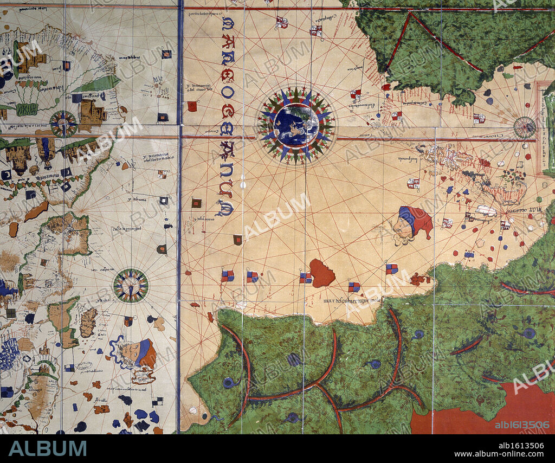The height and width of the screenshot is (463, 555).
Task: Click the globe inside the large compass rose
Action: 296,125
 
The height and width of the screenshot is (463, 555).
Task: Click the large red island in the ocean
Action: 322,273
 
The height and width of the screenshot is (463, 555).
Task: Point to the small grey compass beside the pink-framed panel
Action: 524,127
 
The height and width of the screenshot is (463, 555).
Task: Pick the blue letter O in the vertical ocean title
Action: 228,92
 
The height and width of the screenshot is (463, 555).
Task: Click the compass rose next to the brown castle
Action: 64,124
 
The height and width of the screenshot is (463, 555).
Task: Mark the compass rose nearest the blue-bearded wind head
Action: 131,285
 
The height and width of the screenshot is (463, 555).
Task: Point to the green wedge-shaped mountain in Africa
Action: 98,83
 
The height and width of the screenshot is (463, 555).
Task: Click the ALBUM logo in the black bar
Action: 47,448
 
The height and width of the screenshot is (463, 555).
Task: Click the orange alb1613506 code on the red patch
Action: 522,425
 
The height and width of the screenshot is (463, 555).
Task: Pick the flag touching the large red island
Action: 306,278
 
